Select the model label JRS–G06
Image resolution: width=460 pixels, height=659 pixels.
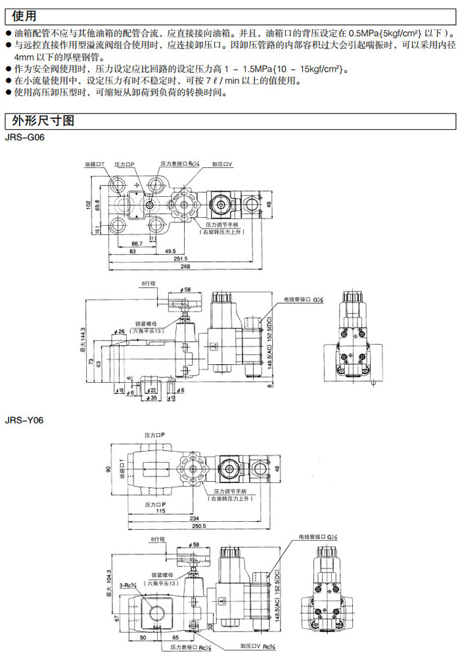(x=25, y=137)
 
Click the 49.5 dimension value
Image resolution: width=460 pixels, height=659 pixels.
(x=171, y=251)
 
